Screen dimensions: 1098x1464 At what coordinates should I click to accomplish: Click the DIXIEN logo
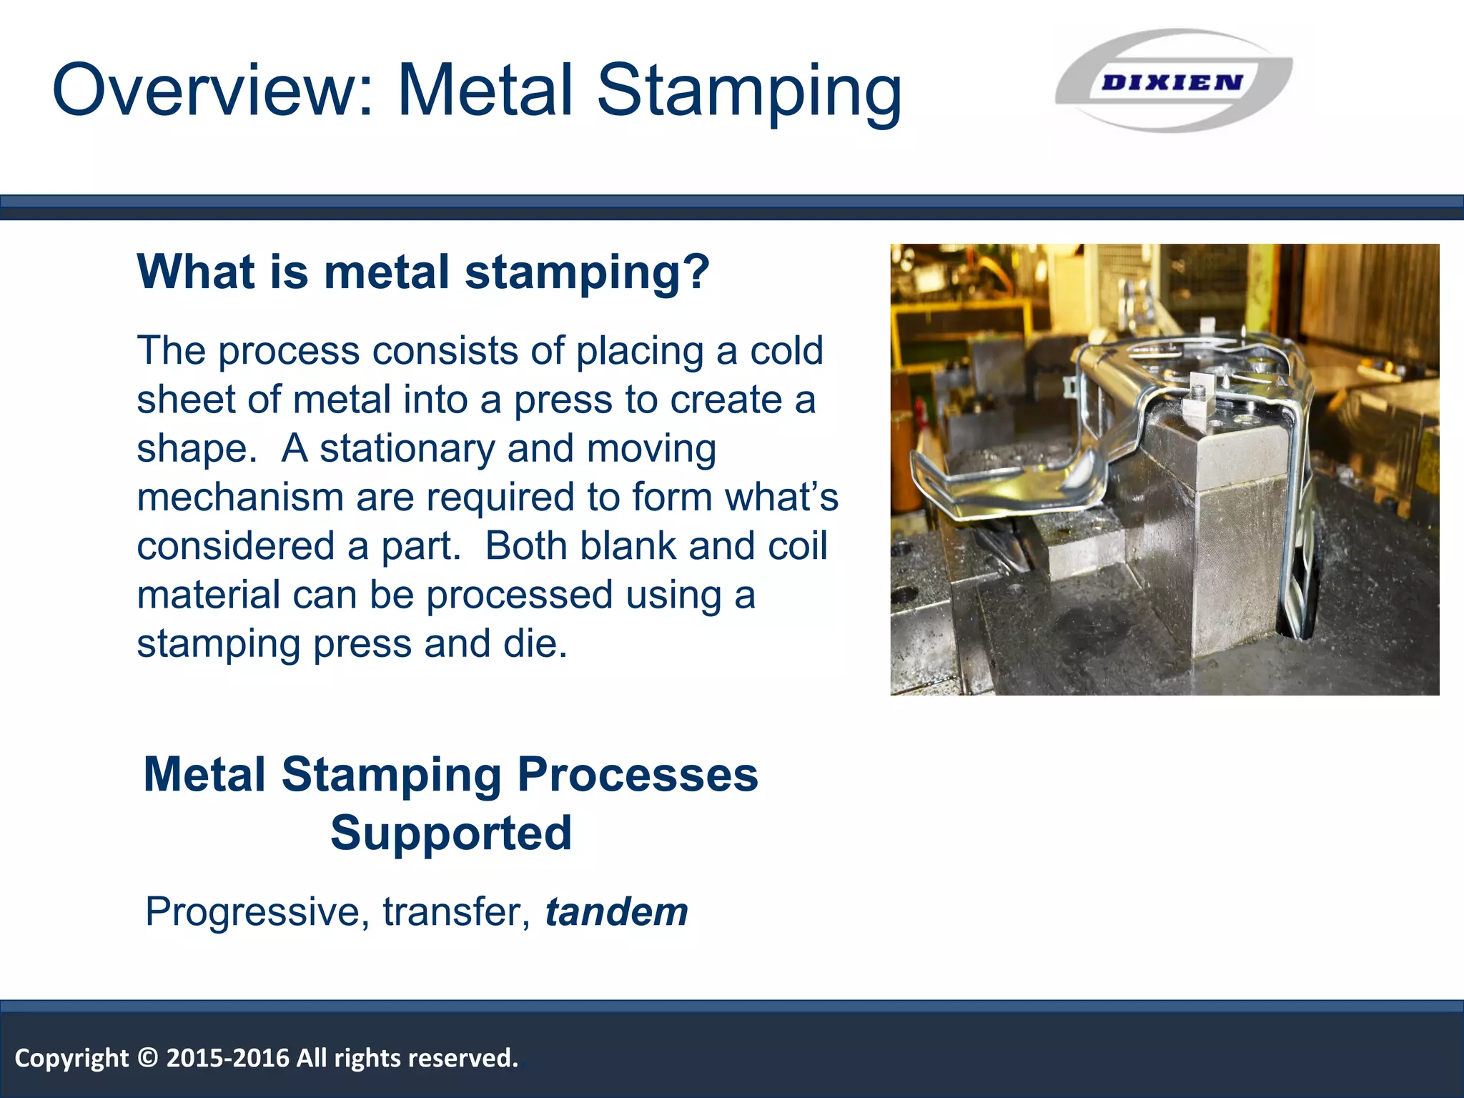(1172, 81)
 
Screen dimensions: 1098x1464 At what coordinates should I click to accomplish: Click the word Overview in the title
(212, 91)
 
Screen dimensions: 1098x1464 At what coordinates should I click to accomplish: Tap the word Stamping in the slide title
(748, 91)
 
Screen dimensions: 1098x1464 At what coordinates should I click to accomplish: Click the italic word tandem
(616, 912)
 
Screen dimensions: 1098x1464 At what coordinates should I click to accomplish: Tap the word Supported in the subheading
(451, 834)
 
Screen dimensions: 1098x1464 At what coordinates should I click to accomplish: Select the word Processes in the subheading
(637, 775)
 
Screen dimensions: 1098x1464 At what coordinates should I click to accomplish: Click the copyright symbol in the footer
(147, 1058)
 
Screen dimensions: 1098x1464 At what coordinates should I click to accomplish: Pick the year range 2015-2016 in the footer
(227, 1058)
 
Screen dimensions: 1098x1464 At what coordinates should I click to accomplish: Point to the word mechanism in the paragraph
(240, 498)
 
